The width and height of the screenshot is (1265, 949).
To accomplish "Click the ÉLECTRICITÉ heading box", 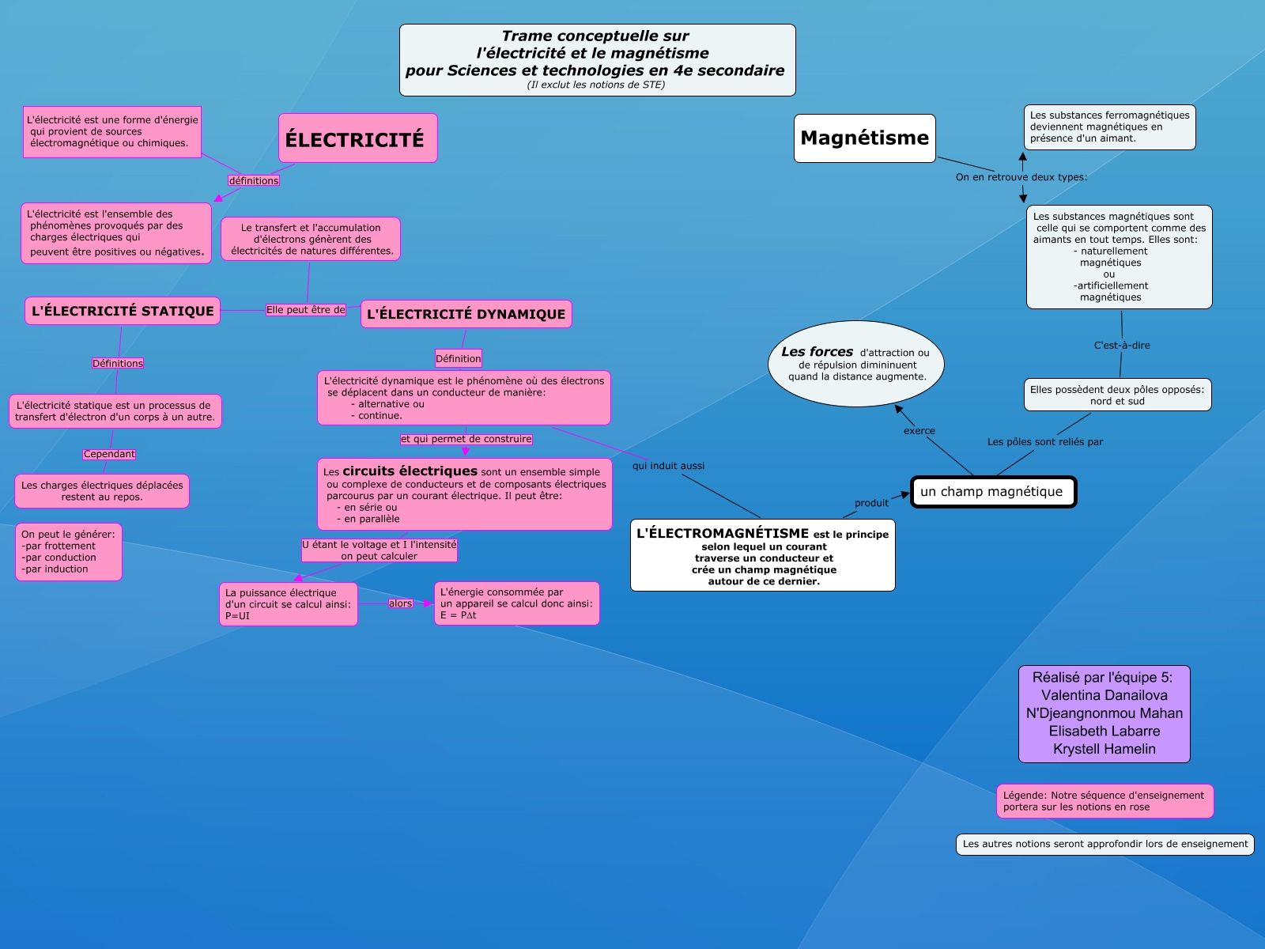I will click(357, 138).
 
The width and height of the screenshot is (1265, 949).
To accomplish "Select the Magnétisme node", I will click(864, 138).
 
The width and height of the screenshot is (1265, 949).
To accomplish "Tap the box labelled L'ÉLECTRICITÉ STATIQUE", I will click(123, 311).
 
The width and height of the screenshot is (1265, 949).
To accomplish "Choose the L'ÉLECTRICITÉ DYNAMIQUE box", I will click(466, 314).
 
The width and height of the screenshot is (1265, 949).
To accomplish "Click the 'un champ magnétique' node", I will click(992, 492).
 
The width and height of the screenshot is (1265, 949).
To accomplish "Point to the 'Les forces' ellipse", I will click(856, 363).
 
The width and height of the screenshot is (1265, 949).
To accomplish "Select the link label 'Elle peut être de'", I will click(306, 310).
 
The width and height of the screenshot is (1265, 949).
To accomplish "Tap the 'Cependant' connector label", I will click(109, 454).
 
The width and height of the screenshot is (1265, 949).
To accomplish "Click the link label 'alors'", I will click(400, 603).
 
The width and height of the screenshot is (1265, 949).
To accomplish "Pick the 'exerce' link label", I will click(919, 431).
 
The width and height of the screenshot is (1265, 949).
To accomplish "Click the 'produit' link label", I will click(871, 503).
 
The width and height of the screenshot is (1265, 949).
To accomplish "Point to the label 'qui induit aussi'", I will click(668, 466).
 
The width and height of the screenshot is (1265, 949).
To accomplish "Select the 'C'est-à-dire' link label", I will click(1122, 346).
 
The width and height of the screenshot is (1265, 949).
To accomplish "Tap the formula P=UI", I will click(237, 616).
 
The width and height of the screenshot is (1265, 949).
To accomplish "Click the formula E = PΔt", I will click(459, 615).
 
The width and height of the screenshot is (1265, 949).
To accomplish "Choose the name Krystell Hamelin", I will click(1104, 749).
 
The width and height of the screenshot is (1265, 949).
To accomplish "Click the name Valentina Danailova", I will click(1104, 695).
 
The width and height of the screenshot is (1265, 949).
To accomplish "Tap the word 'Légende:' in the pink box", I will click(1025, 796).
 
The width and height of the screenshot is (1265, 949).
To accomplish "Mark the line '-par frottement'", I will click(59, 546).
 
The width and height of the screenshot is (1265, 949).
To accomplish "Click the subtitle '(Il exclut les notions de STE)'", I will click(596, 85).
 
